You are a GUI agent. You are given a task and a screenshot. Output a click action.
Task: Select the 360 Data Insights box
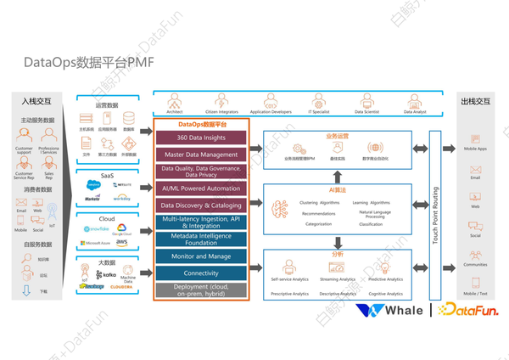coord(201,138)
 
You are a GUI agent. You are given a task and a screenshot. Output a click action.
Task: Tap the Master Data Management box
coord(201,154)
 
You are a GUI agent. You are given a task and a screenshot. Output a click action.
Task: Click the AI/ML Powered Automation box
coord(201,188)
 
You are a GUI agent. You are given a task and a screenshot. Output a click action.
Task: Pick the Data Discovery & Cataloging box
coord(201,205)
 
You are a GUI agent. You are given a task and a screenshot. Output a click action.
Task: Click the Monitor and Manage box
coord(201,256)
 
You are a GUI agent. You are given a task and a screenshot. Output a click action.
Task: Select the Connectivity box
coord(201,273)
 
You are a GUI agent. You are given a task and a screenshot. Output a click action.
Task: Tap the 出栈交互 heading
coord(475,101)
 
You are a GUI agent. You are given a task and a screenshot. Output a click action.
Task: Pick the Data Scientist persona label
coord(367,111)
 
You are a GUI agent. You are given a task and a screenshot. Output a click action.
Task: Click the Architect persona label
coord(174,111)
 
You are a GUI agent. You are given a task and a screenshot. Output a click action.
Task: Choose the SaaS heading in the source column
coord(107,174)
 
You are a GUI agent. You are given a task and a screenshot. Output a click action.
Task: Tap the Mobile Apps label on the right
coord(475,149)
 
